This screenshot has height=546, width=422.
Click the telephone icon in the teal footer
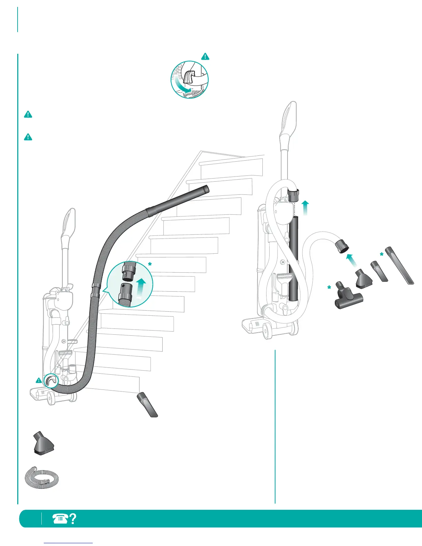(60, 519)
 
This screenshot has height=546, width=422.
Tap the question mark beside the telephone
(73, 519)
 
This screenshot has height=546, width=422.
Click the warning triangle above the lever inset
(205, 56)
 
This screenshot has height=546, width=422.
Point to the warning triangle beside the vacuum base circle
(39, 381)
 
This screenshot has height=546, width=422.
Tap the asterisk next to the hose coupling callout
(150, 264)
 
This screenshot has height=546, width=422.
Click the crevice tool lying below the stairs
(148, 405)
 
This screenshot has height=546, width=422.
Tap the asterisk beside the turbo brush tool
(329, 287)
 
